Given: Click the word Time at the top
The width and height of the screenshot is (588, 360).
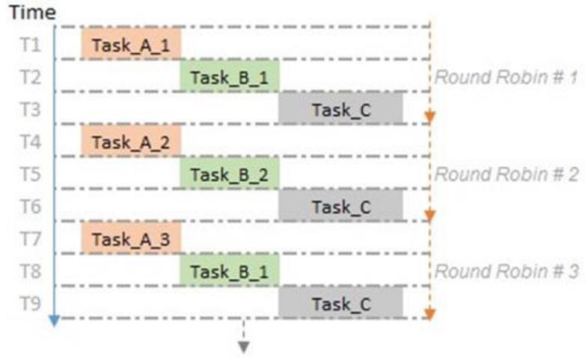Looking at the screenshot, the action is point(33,13).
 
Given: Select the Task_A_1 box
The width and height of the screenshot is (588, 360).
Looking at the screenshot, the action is point(131,43).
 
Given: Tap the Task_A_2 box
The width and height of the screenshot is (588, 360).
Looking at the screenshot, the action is point(131,141).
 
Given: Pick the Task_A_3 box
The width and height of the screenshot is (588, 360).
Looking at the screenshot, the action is point(131,238).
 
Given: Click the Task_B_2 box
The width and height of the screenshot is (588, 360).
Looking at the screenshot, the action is point(230,173).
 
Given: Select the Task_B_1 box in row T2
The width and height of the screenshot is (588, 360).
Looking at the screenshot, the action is point(230,76).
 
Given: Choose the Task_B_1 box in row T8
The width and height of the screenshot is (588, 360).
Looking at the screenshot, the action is point(230,270).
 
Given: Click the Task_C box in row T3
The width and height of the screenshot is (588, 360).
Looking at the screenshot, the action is point(341,108).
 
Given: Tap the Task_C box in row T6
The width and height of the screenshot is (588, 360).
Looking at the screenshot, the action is point(341,205).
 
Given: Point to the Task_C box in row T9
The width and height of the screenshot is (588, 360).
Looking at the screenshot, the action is point(341,302).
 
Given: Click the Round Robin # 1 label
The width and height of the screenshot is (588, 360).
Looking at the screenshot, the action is point(506,77).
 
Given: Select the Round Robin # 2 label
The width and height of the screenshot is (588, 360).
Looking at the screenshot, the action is point(506,174).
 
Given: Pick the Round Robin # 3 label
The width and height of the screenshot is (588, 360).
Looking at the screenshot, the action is point(506,272).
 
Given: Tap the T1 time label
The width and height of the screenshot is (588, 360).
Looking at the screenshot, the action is point(31,45).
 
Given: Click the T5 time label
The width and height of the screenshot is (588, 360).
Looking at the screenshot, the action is point(31,174).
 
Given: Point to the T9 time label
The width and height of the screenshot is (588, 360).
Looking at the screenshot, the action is point(31,303).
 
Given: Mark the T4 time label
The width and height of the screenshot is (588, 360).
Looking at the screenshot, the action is point(31,141).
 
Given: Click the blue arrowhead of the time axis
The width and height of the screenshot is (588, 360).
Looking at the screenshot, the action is point(55,321).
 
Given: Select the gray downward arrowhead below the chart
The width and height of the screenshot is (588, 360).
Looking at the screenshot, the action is point(244,347).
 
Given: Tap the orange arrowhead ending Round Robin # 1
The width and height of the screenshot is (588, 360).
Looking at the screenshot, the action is point(429,118).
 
